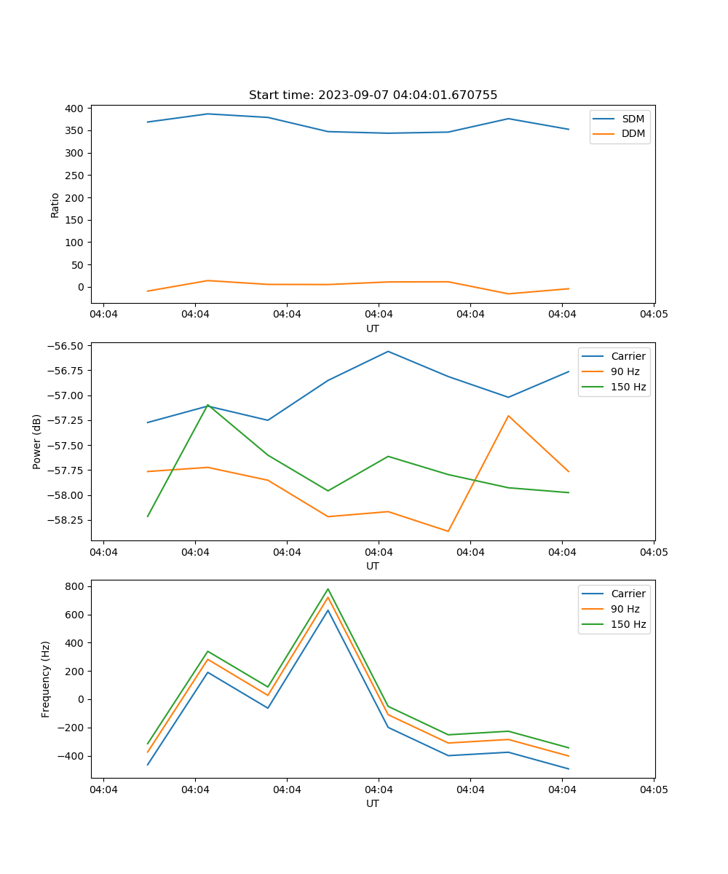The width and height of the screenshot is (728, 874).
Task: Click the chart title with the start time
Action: point(373,95)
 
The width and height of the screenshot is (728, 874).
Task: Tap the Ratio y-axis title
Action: point(55,205)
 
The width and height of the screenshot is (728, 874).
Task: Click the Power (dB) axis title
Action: point(37,441)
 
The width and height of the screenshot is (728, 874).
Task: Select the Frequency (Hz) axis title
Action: point(46,679)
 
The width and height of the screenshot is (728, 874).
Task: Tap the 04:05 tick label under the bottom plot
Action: point(653,790)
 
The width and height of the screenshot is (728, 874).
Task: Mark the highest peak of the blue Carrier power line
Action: point(388,351)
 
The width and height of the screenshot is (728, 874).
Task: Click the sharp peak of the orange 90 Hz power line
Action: point(508,415)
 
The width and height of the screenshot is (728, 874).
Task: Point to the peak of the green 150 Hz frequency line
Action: point(328,588)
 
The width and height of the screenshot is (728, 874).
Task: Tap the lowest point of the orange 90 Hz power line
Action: point(448,531)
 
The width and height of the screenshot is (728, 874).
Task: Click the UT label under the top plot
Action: point(373,328)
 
